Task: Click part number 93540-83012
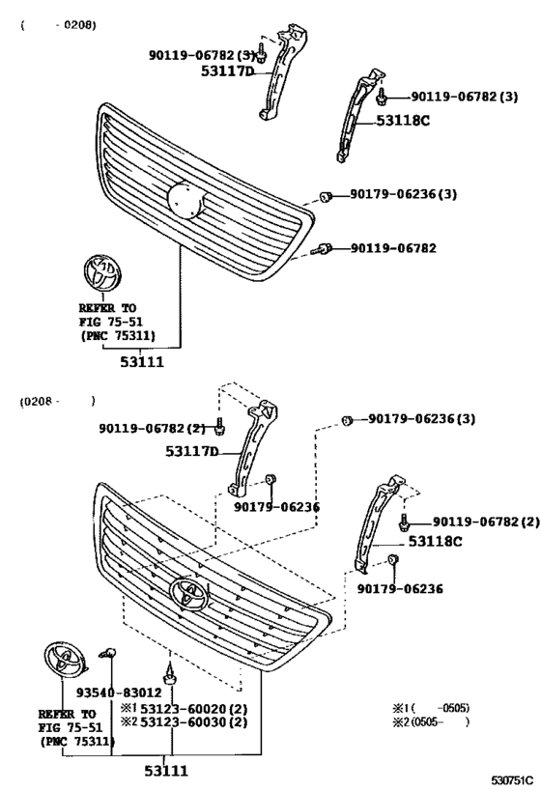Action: click(x=120, y=692)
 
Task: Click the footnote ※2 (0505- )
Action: click(x=431, y=721)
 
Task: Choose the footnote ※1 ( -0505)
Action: click(x=431, y=707)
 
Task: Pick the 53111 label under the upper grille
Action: click(x=142, y=362)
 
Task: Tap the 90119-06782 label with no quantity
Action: click(x=393, y=248)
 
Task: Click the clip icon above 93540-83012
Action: click(x=111, y=657)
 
